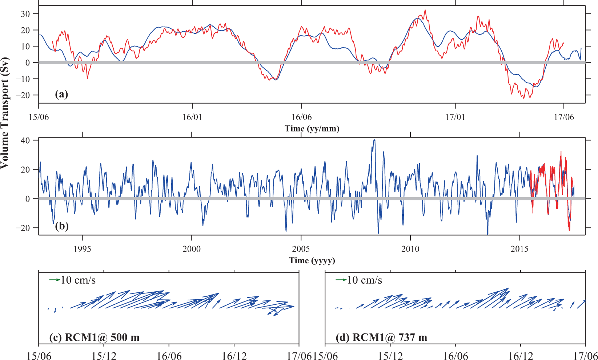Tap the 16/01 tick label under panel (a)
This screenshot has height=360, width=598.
(x=192, y=117)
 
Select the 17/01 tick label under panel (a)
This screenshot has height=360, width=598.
(x=455, y=117)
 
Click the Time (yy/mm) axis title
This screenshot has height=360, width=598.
(x=312, y=128)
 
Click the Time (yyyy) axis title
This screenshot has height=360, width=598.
(x=312, y=260)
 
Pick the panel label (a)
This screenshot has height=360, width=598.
(x=61, y=95)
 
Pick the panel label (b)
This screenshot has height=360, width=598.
(x=61, y=227)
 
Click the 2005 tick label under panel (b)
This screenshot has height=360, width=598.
(x=301, y=249)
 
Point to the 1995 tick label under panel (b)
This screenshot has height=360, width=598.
(x=83, y=249)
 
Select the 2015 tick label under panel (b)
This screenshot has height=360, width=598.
(x=520, y=249)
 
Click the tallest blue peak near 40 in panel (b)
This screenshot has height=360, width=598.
(x=374, y=140)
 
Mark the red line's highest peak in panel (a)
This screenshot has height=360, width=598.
(x=425, y=11)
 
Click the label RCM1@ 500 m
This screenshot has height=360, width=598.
(x=95, y=337)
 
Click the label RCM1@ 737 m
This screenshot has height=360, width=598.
(x=381, y=337)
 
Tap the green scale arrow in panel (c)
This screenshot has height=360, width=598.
(x=55, y=280)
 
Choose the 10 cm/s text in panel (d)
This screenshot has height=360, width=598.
(x=364, y=280)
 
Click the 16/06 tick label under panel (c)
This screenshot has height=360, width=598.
(x=169, y=356)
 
